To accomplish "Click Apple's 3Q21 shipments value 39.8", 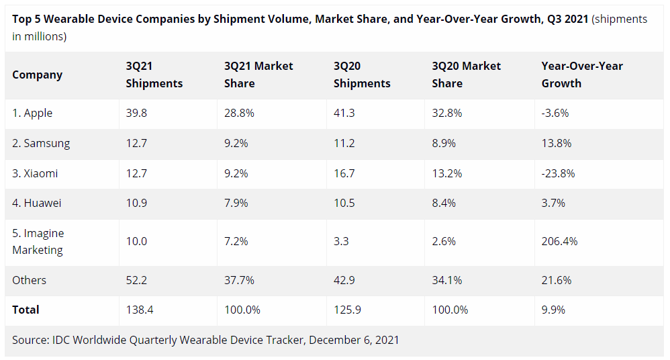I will coord(136,113).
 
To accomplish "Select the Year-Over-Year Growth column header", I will coord(582,75).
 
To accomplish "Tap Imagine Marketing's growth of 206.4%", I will coord(559,241).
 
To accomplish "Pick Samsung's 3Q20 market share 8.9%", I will coord(446,143).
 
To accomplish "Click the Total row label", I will coord(26,310).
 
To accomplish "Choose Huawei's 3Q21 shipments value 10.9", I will coord(136,203).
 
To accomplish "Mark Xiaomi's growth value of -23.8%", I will coord(558,173).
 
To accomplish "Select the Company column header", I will coord(37,75).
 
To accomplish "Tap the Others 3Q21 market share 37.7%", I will coord(239,280).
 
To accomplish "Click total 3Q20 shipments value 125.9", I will coord(347,310).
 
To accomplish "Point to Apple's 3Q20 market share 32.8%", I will coord(447,113).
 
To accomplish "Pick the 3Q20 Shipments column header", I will coord(362,75).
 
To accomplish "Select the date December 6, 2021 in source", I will coord(354,340).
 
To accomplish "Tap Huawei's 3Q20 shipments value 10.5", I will coord(344,203).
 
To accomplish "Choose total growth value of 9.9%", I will coord(553,310).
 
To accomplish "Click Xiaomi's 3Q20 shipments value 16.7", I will coord(344,173).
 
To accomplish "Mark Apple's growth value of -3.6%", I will coord(555,113).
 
